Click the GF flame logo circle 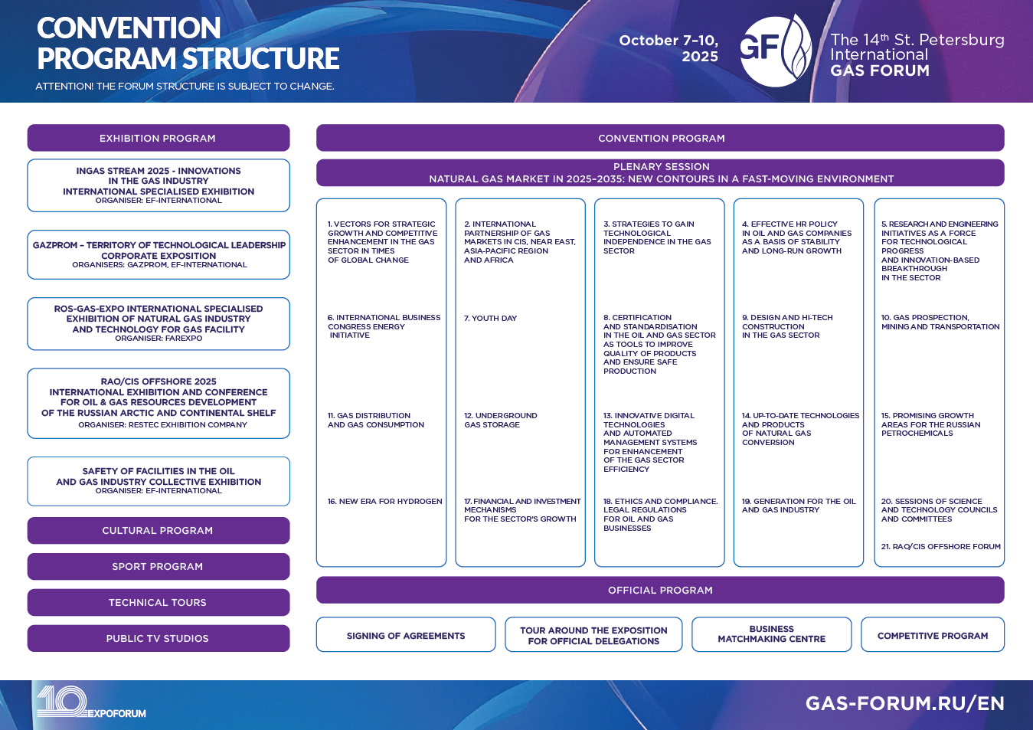coord(776,51)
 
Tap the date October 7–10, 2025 coord(669,48)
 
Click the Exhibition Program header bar coord(159,138)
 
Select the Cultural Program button coord(159,530)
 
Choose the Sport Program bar coord(159,566)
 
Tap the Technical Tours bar coord(159,602)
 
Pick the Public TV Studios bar coord(159,638)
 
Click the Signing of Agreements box coord(406,634)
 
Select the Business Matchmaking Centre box coord(772,634)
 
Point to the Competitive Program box coord(933,634)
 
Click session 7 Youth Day coord(490,319)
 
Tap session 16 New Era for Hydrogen coord(384,501)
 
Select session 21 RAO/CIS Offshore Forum coord(941,546)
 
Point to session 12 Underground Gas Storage coord(500,420)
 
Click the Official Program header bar coord(660,590)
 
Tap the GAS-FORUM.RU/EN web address coord(905,704)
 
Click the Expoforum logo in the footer coord(91,702)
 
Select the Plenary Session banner coord(660,172)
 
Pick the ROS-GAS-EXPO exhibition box coord(159,323)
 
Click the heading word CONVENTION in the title coord(129,28)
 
